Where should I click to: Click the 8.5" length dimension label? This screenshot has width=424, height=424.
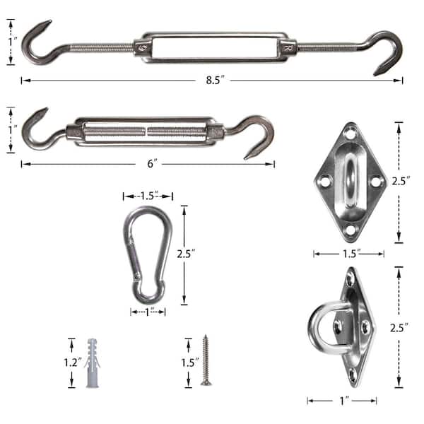point(216,80)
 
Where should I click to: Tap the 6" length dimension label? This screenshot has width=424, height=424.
point(152,164)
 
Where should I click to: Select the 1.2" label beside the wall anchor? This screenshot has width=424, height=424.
point(73,363)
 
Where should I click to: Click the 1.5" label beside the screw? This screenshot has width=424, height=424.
point(190,363)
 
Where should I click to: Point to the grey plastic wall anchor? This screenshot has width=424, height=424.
point(92,363)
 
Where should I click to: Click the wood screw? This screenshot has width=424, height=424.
point(206,360)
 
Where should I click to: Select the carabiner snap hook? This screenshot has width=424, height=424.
point(148,255)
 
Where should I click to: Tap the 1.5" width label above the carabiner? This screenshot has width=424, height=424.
point(149,196)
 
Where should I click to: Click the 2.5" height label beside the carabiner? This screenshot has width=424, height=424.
point(186,254)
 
